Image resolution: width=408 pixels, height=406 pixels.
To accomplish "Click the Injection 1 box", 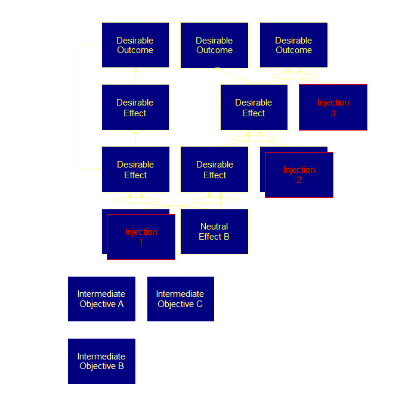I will click(141, 237).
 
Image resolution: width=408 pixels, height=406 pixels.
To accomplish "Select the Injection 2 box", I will click(299, 175).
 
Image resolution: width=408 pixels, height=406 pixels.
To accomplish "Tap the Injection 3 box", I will click(333, 107).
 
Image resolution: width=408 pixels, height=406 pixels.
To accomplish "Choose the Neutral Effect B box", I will click(214, 231).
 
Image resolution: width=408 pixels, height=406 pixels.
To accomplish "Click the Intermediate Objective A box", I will click(101, 299).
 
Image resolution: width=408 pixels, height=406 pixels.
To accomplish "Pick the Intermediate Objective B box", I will click(101, 361).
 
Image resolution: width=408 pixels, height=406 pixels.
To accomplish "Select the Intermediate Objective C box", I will click(180, 299).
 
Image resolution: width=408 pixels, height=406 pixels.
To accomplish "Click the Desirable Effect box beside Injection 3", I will click(254, 107).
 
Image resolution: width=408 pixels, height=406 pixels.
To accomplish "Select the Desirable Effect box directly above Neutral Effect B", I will click(214, 169).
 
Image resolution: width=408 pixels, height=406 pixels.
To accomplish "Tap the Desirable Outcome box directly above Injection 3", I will click(293, 45).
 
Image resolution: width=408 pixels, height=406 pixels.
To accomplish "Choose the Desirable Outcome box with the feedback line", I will click(135, 45).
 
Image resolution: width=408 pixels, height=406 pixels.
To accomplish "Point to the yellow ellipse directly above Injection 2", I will click(254, 139).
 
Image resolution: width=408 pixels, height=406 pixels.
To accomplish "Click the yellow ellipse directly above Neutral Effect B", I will click(214, 200).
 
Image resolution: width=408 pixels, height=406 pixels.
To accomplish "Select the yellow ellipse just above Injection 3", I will click(293, 76).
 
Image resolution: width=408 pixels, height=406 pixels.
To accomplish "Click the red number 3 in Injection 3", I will click(333, 113).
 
